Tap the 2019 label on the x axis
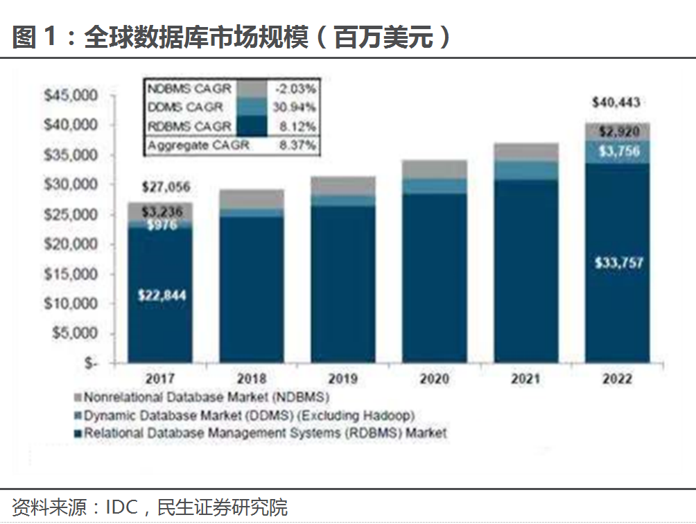[343, 379]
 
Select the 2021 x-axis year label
[527, 379]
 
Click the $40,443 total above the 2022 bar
[617, 103]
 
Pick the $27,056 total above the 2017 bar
[166, 187]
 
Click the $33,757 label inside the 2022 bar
[618, 263]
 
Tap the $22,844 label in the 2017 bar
[161, 295]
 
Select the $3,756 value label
[618, 151]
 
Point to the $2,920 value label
[618, 132]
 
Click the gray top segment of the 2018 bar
[252, 198]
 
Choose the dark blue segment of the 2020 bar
[435, 277]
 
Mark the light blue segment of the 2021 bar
[526, 171]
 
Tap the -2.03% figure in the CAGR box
[299, 89]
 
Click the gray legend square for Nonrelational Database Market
[78, 399]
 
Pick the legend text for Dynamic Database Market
[249, 416]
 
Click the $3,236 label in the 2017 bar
[160, 211]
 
